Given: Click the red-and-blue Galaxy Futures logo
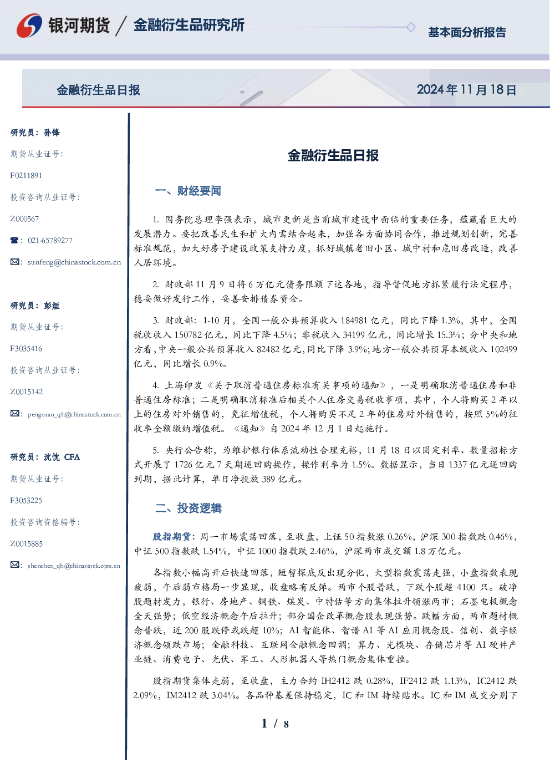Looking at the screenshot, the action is pyautogui.click(x=29, y=26).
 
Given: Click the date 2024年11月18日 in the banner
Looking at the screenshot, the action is pyautogui.click(x=466, y=90).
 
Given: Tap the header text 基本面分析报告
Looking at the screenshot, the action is pyautogui.click(x=467, y=32).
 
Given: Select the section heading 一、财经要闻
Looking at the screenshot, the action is pyautogui.click(x=188, y=191).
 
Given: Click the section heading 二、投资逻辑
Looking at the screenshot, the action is pyautogui.click(x=188, y=508).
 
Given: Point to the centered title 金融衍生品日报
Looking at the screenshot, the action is pyautogui.click(x=333, y=155).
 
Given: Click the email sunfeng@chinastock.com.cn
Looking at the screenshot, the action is pyautogui.click(x=74, y=262).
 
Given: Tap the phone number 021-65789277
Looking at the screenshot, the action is pyautogui.click(x=50, y=240).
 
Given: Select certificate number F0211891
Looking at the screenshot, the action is pyautogui.click(x=26, y=175).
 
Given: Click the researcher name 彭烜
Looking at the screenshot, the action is pyautogui.click(x=52, y=306).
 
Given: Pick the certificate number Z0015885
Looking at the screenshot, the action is pyautogui.click(x=27, y=543).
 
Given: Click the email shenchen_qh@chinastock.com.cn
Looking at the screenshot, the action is pyautogui.click(x=74, y=566).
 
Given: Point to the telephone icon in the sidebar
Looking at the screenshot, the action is pyautogui.click(x=14, y=240).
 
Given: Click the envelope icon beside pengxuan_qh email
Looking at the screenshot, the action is pyautogui.click(x=14, y=413).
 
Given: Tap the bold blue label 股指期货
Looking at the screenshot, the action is pyautogui.click(x=171, y=537).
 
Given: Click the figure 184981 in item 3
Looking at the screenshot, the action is pyautogui.click(x=354, y=320).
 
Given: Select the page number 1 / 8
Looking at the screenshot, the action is pyautogui.click(x=275, y=724).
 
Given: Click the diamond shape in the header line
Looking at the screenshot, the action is pyautogui.click(x=411, y=27).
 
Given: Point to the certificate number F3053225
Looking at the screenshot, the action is pyautogui.click(x=26, y=501).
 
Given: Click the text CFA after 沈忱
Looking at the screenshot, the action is pyautogui.click(x=72, y=457).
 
